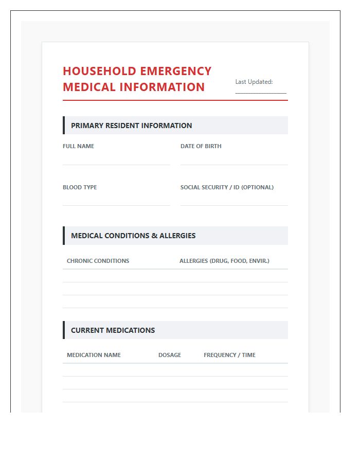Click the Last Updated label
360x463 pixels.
[254, 82]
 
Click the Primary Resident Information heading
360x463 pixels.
[131, 126]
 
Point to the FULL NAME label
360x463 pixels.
[78, 146]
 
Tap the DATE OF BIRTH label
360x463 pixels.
[201, 146]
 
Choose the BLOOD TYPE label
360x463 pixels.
[80, 187]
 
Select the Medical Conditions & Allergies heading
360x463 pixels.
[133, 236]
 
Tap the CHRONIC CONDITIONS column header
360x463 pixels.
[98, 261]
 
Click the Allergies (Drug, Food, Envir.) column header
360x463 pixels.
[224, 261]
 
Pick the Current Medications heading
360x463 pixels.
[113, 330]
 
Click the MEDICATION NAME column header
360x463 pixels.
[94, 355]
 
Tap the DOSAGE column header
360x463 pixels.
[170, 355]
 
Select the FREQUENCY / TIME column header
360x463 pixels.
[229, 355]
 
